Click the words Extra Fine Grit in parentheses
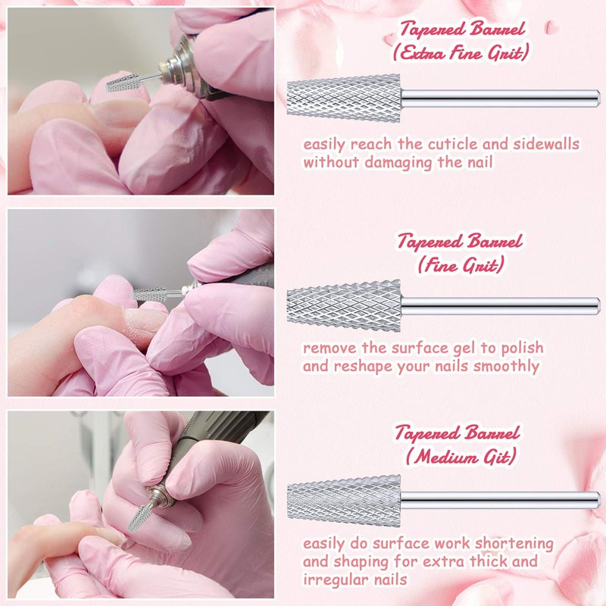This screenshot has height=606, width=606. click(461, 53)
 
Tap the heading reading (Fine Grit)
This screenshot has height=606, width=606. click(461, 265)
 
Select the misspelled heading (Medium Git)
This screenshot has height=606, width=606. click(461, 457)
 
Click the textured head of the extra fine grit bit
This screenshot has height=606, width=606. click(344, 98)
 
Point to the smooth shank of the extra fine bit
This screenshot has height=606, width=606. click(500, 98)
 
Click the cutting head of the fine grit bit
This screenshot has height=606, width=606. click(344, 306)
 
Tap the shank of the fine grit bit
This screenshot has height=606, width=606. click(500, 306)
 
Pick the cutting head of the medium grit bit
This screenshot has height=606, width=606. click(344, 501)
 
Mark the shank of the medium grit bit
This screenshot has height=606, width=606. click(500, 501)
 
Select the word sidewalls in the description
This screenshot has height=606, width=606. click(546, 144)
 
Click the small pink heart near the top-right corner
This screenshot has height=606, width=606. click(551, 27)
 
